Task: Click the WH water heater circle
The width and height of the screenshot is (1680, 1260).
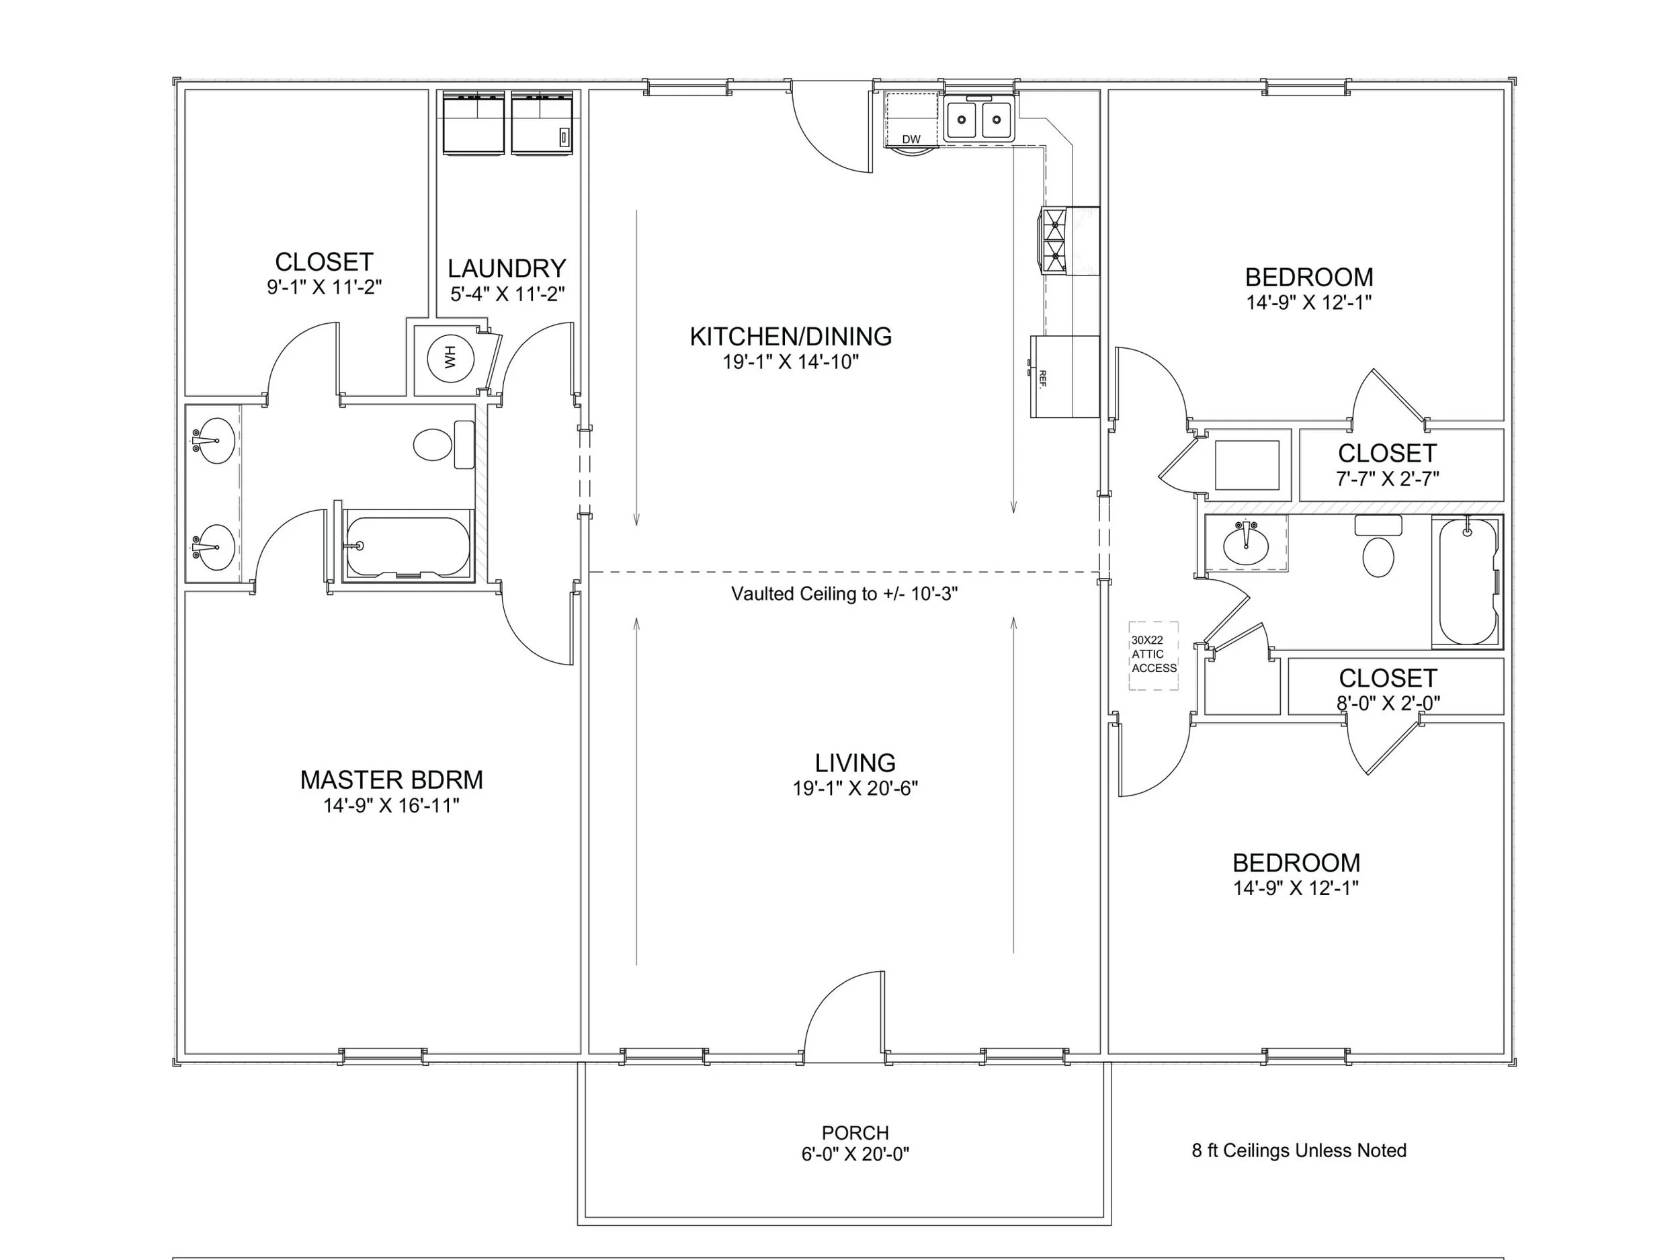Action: (x=450, y=357)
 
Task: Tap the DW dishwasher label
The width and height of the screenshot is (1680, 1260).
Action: (x=911, y=139)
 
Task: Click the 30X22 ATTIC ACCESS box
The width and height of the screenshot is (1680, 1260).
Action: (x=1153, y=655)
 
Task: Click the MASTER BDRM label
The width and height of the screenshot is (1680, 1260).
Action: (x=391, y=780)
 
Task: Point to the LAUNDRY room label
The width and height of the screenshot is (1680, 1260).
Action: (x=507, y=269)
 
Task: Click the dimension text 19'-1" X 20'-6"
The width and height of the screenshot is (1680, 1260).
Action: (x=855, y=788)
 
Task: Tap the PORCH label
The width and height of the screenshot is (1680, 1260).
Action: (x=855, y=1132)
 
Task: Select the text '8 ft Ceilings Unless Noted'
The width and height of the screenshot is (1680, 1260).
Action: (x=1299, y=1150)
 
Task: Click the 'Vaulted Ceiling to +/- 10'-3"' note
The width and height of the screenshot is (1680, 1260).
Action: (x=844, y=594)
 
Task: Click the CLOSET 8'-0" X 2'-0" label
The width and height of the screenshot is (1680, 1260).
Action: (x=1388, y=678)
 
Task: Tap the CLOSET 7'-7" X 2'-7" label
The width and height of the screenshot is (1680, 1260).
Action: (x=1387, y=454)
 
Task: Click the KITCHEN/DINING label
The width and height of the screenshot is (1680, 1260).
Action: (x=791, y=337)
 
